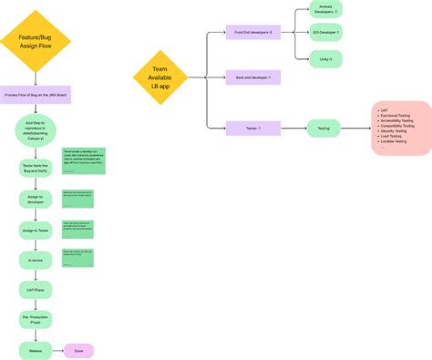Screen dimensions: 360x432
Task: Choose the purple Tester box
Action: [x=252, y=129]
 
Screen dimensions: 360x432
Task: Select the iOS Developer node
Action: [x=324, y=33]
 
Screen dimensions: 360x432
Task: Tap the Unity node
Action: [x=324, y=57]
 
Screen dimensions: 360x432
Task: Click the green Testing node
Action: [x=324, y=129]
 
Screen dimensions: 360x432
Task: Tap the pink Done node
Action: [x=78, y=349]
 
